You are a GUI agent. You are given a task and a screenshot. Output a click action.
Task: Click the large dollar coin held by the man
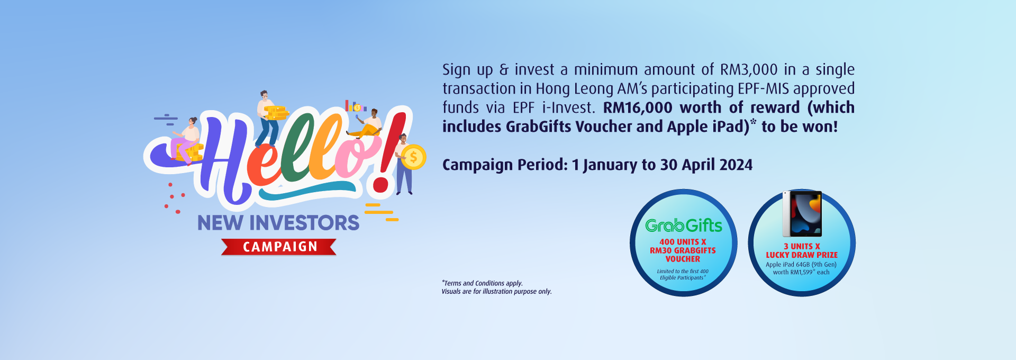point(414,157)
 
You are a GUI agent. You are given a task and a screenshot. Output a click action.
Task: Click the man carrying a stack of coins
point(268,118)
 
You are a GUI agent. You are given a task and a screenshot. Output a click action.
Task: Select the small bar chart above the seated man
point(356,106)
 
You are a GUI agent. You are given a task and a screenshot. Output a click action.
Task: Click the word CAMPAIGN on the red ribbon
point(280,247)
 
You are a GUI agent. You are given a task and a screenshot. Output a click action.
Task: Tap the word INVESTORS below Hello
point(304,223)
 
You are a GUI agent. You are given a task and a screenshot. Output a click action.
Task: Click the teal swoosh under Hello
point(307,192)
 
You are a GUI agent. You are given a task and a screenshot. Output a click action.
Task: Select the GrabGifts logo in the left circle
point(684,226)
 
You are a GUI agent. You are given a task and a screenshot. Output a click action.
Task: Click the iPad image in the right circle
point(803,214)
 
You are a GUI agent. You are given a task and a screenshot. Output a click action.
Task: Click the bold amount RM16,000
point(638,107)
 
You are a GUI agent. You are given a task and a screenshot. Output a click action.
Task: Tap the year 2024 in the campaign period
point(736,165)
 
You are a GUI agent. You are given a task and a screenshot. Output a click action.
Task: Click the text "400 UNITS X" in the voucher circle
point(683,242)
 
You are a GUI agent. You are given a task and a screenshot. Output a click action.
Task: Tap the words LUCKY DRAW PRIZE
point(802,255)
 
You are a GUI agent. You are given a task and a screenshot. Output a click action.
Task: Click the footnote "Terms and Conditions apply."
point(483,283)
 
